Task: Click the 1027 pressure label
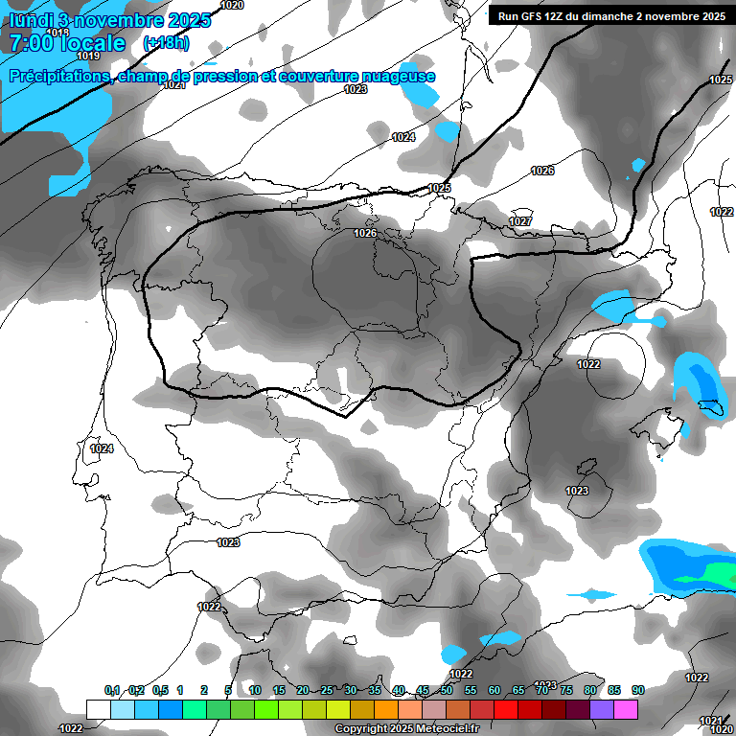pos(520,221)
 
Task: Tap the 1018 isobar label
pos(57,33)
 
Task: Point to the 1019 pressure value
pos(89,56)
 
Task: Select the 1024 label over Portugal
pos(102,448)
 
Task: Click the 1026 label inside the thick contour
pos(365,233)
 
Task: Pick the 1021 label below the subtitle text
pos(173,85)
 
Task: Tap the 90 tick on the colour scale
pos(637,690)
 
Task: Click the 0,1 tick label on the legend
pos(112,690)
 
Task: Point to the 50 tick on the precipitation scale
pos(447,690)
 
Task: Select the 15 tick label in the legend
pos(279,690)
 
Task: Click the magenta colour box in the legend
pos(626,709)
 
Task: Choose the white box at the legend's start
pos(98,709)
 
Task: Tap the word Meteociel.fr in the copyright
pos(451,729)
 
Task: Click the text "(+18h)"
pos(166,43)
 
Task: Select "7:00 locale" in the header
pos(68,43)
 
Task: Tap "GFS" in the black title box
pos(534,16)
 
